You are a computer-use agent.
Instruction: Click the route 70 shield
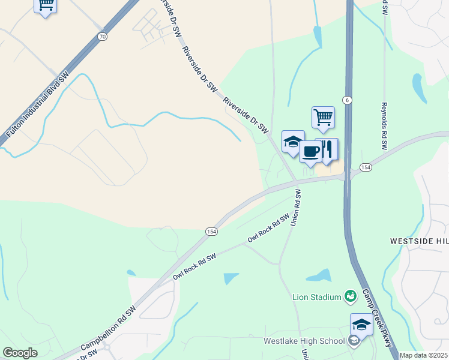click(x=103, y=37)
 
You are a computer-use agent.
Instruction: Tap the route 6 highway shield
click(x=347, y=99)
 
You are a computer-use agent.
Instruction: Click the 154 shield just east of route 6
click(x=366, y=166)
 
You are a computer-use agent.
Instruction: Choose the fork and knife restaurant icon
click(x=327, y=149)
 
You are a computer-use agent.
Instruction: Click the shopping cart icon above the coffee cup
click(x=323, y=117)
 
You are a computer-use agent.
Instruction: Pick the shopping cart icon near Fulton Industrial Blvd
click(x=46, y=5)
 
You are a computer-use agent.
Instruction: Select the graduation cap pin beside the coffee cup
click(x=293, y=142)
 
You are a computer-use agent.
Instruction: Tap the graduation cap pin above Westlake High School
click(x=361, y=325)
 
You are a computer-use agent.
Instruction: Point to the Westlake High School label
click(x=304, y=341)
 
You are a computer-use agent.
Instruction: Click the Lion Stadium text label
click(x=316, y=296)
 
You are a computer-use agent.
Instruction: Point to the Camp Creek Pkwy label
click(x=376, y=319)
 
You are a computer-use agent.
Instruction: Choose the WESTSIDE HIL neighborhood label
click(x=419, y=241)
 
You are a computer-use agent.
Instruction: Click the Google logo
click(x=20, y=353)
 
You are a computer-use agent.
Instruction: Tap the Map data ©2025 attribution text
click(x=423, y=355)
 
